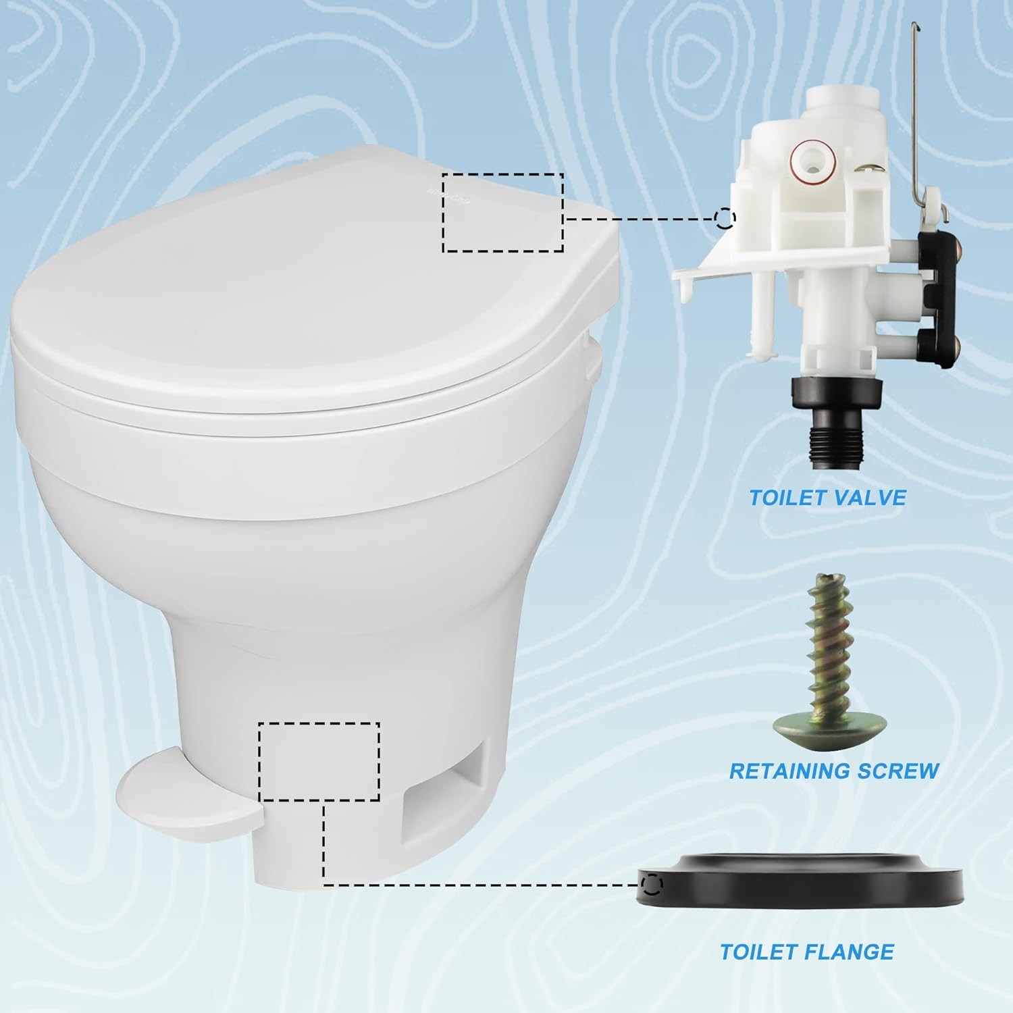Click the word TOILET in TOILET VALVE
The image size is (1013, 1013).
785,498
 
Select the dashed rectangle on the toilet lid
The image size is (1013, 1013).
503,213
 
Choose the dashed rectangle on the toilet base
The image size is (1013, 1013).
319,761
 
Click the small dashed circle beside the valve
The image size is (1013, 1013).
725,218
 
